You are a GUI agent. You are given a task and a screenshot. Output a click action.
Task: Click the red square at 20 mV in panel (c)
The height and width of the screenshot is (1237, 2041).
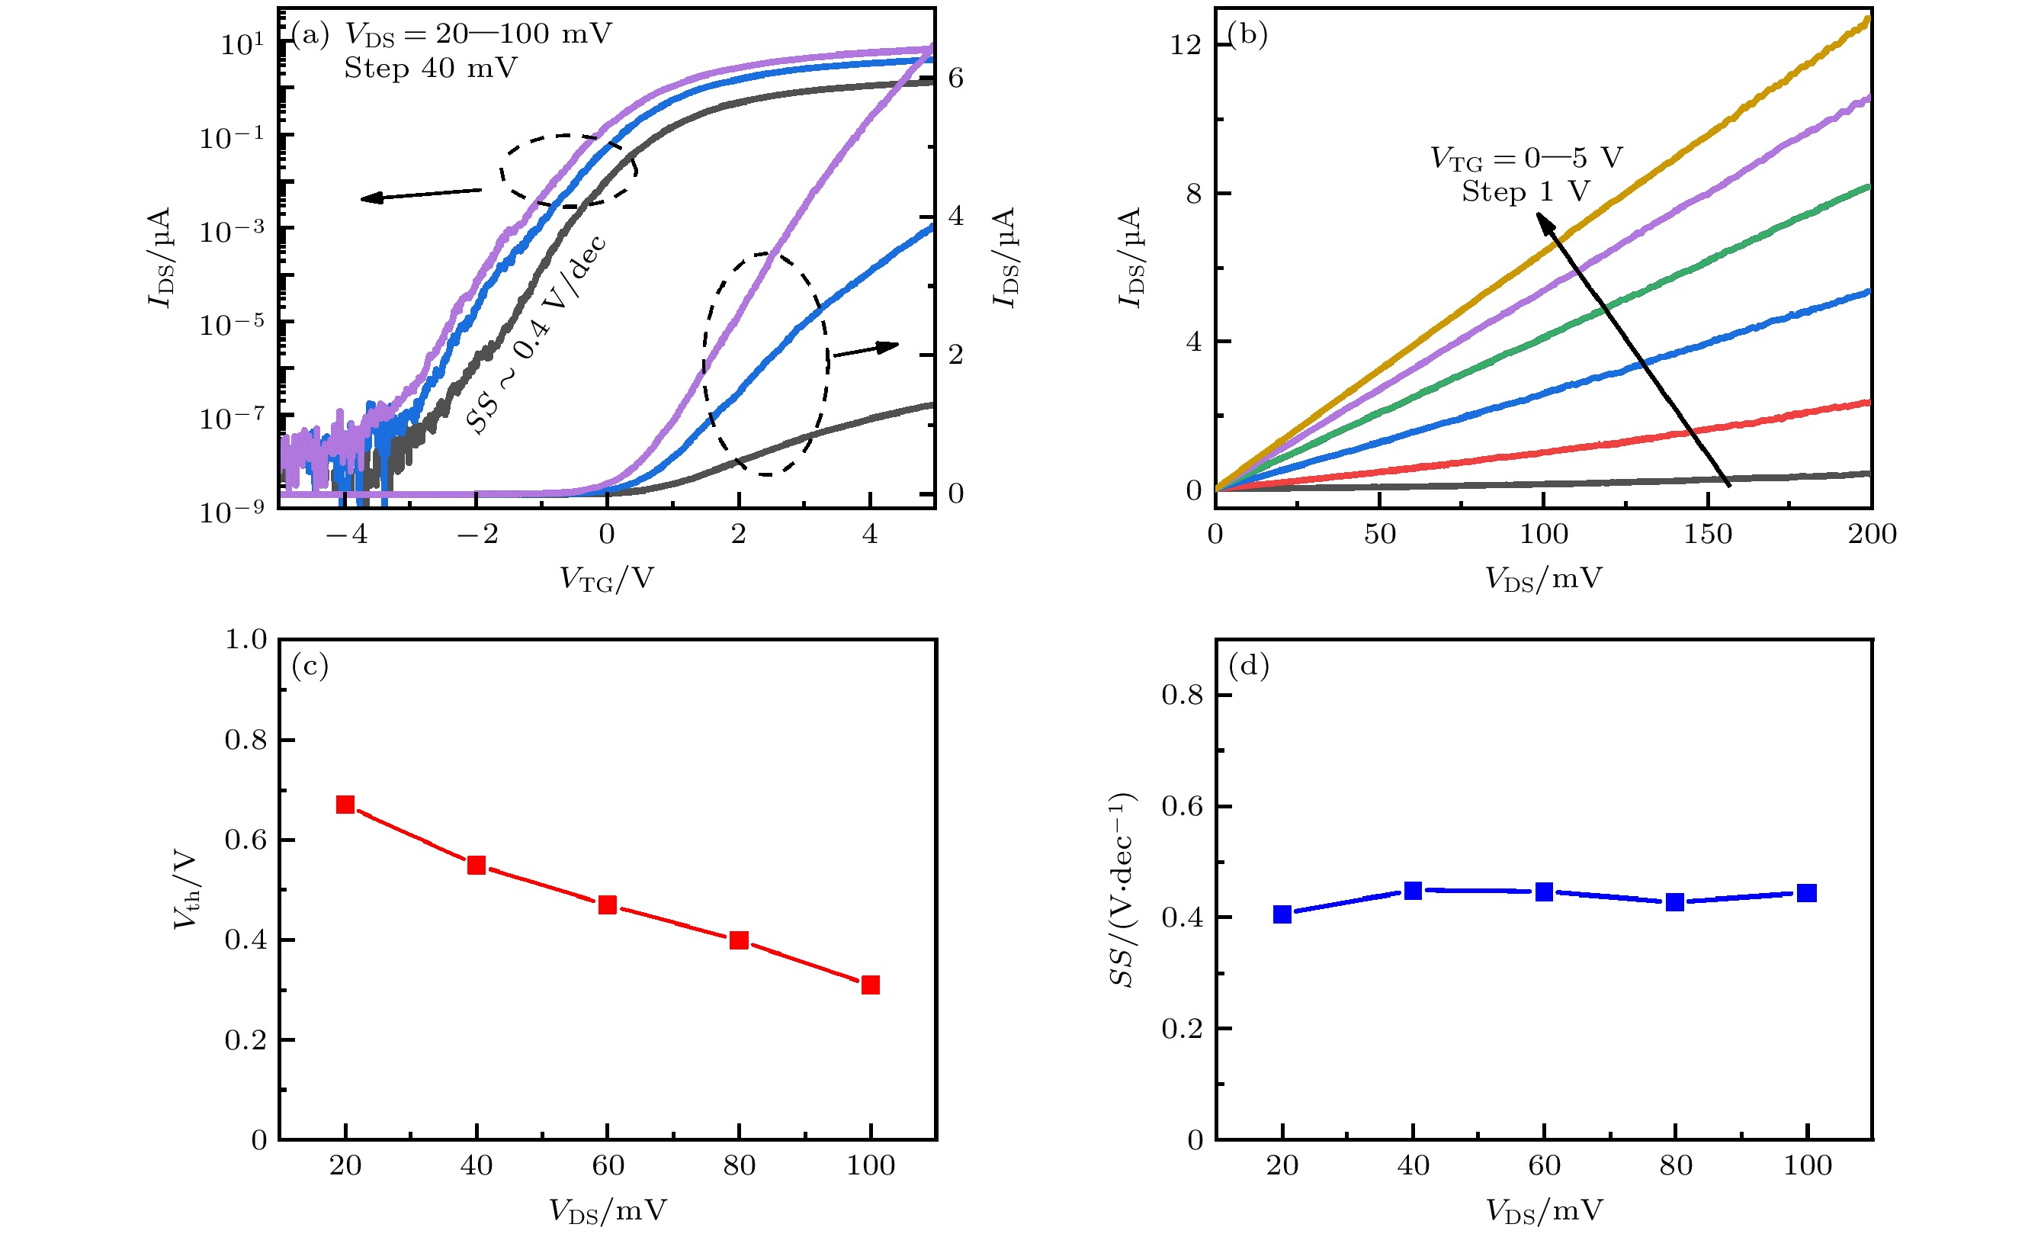click(345, 805)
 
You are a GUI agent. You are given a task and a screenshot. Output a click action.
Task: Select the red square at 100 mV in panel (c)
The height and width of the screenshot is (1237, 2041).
click(870, 985)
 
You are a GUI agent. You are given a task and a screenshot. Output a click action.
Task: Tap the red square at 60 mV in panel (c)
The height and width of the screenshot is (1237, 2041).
click(607, 904)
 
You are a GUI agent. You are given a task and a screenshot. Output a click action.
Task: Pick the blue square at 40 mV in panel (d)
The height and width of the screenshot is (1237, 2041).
click(1413, 891)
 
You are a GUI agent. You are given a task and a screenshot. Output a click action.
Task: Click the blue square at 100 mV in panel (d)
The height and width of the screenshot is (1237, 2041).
click(1807, 892)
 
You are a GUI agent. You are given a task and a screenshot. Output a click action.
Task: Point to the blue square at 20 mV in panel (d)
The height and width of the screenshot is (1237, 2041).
click(1282, 914)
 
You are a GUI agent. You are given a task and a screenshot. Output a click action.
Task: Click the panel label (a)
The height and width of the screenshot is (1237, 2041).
click(310, 35)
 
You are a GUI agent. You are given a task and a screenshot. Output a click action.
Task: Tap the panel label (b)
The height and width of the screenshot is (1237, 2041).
click(1247, 35)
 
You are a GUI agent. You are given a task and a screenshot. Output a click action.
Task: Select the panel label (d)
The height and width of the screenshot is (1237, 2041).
click(1248, 665)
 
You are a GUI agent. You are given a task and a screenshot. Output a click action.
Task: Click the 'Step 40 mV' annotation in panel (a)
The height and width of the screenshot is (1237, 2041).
click(431, 68)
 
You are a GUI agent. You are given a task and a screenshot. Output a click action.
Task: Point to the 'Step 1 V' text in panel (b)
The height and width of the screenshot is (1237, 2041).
click(1525, 191)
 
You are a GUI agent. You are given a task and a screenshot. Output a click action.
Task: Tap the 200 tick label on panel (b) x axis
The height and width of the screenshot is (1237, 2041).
click(1872, 534)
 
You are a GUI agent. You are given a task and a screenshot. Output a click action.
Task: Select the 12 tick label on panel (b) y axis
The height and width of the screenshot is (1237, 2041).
click(1186, 45)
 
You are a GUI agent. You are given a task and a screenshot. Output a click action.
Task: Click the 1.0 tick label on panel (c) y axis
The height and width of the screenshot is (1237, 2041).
click(246, 639)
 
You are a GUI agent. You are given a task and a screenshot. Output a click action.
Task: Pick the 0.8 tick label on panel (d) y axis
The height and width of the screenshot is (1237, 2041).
click(1182, 695)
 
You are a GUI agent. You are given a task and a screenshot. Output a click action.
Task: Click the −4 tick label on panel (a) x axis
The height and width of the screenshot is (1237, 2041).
click(346, 534)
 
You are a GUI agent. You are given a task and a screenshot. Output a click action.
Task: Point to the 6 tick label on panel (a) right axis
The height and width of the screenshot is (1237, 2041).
click(956, 78)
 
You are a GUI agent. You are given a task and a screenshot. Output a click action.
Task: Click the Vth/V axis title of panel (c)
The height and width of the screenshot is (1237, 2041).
click(186, 889)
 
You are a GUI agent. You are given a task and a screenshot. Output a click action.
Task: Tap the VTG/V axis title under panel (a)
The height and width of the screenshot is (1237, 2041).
click(606, 578)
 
